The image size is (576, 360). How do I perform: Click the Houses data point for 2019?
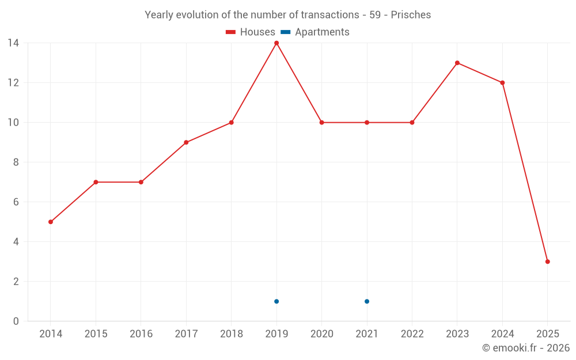(276, 43)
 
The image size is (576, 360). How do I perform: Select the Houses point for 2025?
(547, 262)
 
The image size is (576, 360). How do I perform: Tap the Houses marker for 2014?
(51, 222)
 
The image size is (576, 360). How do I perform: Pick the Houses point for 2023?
(457, 63)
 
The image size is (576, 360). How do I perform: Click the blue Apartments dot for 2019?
(276, 301)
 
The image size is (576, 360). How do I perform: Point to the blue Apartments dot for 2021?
(367, 301)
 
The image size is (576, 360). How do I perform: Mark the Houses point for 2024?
(502, 83)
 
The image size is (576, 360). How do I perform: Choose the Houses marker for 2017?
(186, 142)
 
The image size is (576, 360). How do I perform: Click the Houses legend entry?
(251, 32)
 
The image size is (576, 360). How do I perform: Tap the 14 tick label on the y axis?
(13, 43)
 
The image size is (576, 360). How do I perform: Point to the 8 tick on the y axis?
(16, 162)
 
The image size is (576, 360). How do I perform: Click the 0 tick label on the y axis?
(16, 321)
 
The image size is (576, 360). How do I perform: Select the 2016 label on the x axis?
(141, 334)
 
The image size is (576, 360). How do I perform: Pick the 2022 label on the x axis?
(412, 334)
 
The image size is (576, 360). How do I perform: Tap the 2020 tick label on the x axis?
(321, 334)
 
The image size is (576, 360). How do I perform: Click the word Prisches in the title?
(411, 15)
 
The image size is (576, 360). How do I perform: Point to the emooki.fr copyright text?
(525, 348)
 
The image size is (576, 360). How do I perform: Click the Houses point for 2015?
(96, 182)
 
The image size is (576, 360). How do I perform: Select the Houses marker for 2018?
(231, 123)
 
